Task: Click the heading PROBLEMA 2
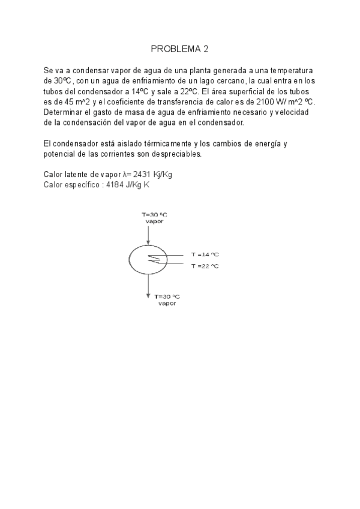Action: (x=179, y=49)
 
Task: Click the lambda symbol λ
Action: (x=124, y=174)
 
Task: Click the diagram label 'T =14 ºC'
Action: (x=205, y=254)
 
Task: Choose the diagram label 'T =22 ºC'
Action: (x=205, y=266)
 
